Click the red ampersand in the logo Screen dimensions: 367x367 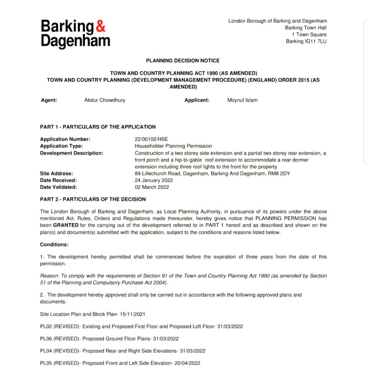click(x=101, y=26)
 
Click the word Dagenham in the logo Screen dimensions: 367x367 click(x=75, y=40)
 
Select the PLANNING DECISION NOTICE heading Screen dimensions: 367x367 click(x=183, y=61)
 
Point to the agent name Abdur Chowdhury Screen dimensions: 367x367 click(x=105, y=100)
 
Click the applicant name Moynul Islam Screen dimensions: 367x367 click(x=242, y=100)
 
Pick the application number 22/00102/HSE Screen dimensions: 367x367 click(x=151, y=139)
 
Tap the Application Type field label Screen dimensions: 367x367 click(x=61, y=146)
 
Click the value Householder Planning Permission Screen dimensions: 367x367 click(x=173, y=146)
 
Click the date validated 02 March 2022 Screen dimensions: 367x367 click(x=152, y=187)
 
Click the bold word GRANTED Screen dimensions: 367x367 click(x=66, y=225)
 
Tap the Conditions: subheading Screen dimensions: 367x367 click(x=54, y=245)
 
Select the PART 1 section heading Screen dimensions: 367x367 click(x=98, y=127)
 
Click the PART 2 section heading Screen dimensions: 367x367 click(x=93, y=199)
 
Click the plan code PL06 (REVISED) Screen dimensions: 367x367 click(x=59, y=339)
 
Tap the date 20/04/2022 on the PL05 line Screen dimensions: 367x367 click(x=187, y=363)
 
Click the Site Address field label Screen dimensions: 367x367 click(x=57, y=173)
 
